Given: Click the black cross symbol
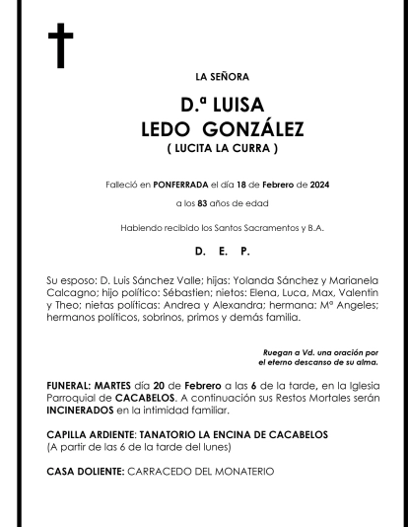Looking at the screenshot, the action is [x=60, y=46].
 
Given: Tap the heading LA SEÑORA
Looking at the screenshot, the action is [x=208, y=76].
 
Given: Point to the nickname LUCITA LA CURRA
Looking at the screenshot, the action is [x=208, y=148].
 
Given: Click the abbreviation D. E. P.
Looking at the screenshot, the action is [x=208, y=253].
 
